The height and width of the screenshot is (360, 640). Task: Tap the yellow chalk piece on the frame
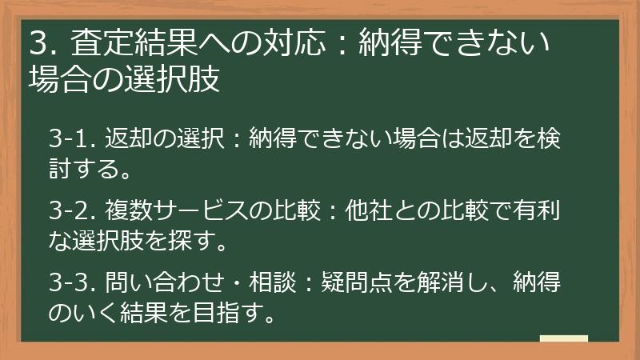(564, 339)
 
